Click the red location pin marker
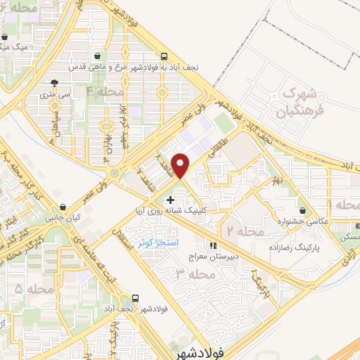tap(181, 165)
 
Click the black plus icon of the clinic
tap(170, 200)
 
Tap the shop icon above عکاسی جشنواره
tap(303, 210)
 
